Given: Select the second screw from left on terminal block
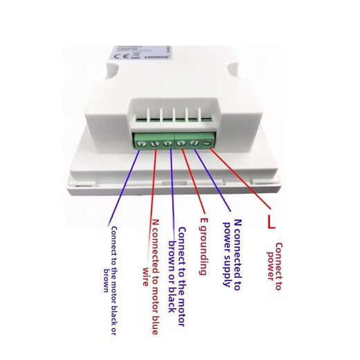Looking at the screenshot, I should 156,144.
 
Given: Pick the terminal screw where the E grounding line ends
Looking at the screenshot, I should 181,144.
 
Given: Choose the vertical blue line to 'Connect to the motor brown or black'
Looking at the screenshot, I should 170,187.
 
